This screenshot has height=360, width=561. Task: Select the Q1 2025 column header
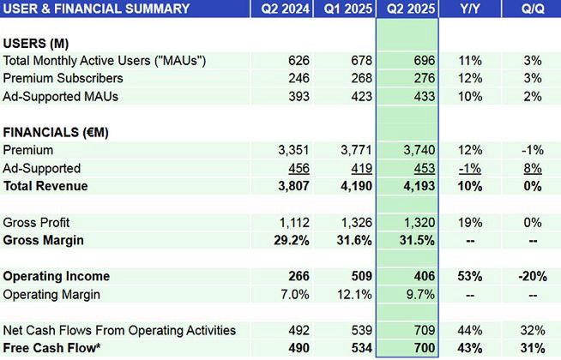coord(344,9)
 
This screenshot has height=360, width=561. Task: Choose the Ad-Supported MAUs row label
coord(61,96)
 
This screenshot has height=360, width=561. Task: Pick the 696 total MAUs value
coord(423,61)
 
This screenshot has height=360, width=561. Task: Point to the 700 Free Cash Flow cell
coord(423,348)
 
